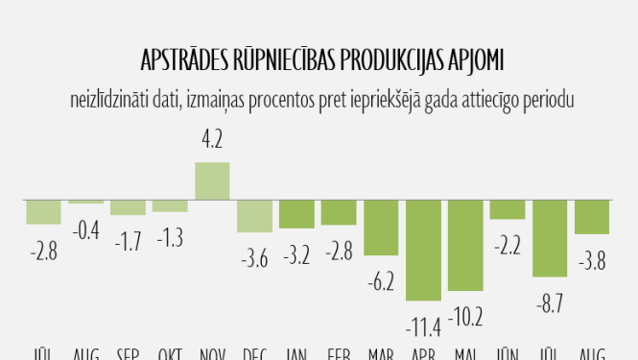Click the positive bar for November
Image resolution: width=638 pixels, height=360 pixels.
coord(212,180)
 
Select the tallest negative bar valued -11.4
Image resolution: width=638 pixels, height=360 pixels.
coord(423,249)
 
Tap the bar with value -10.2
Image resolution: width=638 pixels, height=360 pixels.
coord(465,244)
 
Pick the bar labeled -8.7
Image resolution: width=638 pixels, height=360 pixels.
coord(550,237)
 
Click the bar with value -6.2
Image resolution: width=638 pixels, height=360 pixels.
coord(381,227)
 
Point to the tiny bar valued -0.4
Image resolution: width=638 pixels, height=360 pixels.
coord(85,201)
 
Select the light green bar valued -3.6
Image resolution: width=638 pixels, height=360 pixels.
coord(254,215)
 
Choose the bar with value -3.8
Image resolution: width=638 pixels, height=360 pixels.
coord(592,216)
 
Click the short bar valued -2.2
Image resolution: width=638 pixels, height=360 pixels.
coord(508,209)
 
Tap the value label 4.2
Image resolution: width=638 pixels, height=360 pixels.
coord(212,140)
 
